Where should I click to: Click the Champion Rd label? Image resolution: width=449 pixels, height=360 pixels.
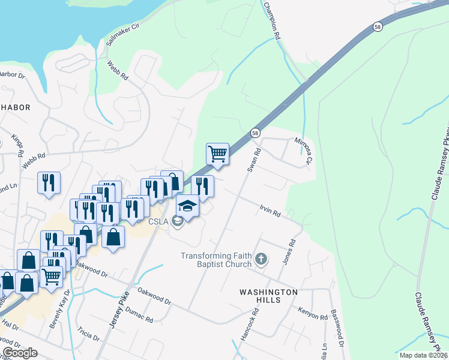coord(272,20)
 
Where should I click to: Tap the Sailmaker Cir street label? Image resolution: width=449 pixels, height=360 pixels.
coord(122,34)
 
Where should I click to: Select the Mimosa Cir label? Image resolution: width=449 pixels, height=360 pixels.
coord(304,151)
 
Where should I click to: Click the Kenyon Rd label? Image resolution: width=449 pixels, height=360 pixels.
coord(312,313)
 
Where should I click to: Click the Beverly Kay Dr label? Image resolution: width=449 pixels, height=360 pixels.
coord(61,308)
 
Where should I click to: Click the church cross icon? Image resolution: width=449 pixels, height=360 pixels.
coord(261,260)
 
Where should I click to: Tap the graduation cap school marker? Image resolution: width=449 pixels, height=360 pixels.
coord(187,206)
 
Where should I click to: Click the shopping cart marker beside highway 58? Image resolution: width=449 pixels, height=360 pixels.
coord(217,154)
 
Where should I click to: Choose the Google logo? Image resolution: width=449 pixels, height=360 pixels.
coord(20,353)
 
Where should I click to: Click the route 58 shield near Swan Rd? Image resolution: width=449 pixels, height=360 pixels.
coord(256,132)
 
